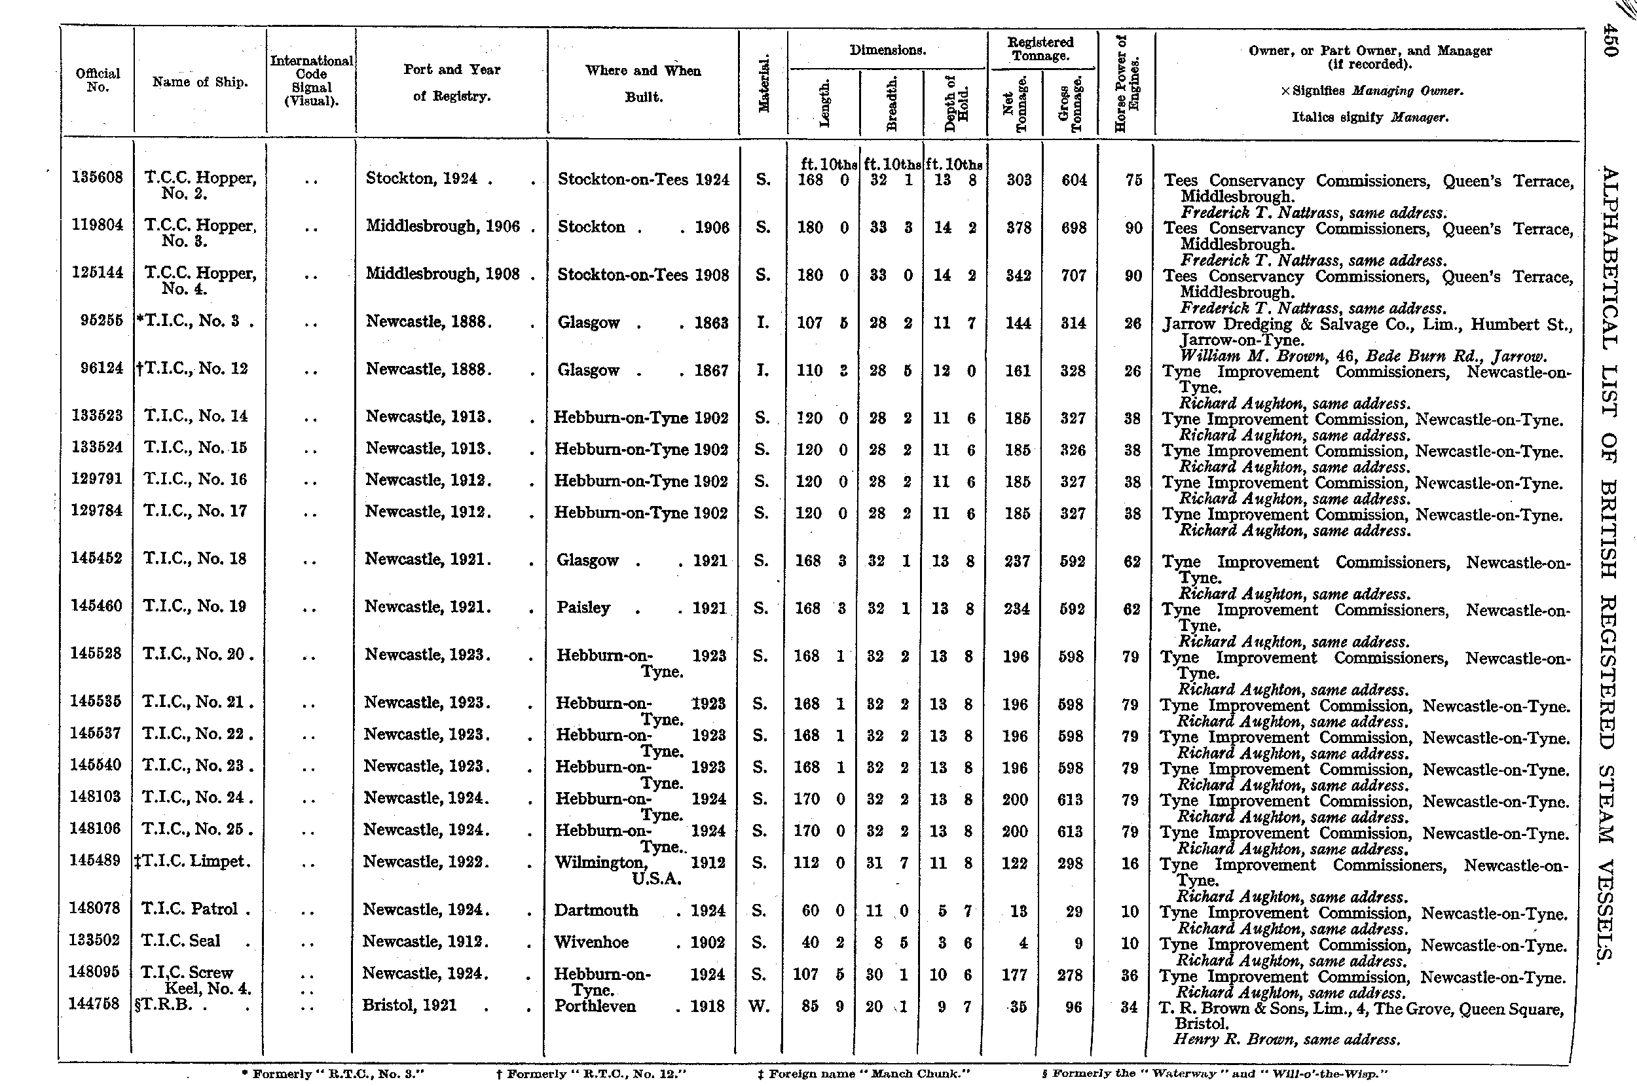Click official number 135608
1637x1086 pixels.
pos(98,178)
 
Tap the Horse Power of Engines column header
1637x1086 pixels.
pos(1126,83)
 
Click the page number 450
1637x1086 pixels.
pos(1610,41)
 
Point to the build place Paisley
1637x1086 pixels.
pos(583,607)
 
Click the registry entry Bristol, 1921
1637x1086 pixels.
pos(409,1005)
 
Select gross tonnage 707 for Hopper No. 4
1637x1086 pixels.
pos(1073,275)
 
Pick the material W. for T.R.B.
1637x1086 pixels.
pos(760,1005)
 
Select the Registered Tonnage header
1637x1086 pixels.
pos(1040,49)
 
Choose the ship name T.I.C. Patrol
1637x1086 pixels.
pos(191,909)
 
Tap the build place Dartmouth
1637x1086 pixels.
pos(596,910)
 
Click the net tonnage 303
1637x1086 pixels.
pos(1018,179)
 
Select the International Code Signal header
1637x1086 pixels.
pos(311,81)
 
